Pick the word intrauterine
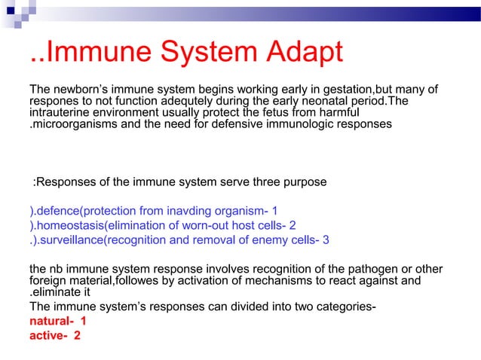pos(59,113)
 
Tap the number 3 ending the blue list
pos(325,240)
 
